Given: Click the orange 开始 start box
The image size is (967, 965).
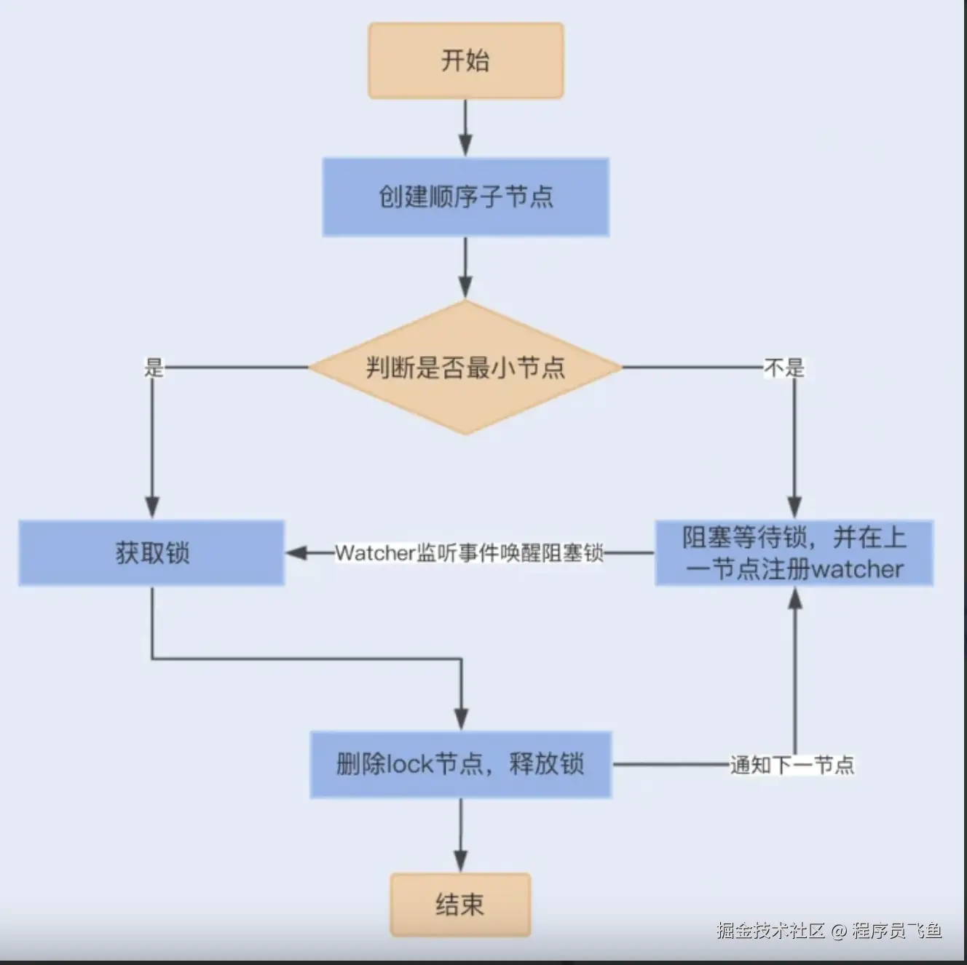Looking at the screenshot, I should coord(465,60).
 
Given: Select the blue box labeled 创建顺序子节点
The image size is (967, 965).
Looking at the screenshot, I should coord(465,196).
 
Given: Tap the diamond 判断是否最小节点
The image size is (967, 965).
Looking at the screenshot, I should coord(465,368).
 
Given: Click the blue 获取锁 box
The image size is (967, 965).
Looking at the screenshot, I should coord(151,553).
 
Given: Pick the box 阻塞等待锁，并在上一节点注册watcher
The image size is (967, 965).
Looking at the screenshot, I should coord(794,553).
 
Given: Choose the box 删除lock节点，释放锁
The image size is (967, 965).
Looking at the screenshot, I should coord(460,765).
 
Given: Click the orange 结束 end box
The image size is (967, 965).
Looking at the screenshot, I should coord(460,905).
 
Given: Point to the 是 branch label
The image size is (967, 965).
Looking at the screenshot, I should coord(154,368).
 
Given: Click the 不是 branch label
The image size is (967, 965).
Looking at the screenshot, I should coord(784,368).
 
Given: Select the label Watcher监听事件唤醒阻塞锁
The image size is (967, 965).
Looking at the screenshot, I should coord(469,553).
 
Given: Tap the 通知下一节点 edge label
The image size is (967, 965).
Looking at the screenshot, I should coord(792,765).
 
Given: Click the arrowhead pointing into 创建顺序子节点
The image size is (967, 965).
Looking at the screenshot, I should coord(465,146).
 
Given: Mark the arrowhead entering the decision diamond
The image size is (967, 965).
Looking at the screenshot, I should coord(465,287).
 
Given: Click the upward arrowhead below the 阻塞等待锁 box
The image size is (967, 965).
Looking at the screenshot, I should coord(795,598).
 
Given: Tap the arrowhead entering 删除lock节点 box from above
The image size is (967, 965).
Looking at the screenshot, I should coord(461,719).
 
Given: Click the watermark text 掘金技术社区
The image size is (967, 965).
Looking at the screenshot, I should coord(770,930).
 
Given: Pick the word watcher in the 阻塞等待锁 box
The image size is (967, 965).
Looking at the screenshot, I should coord(857,569).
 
